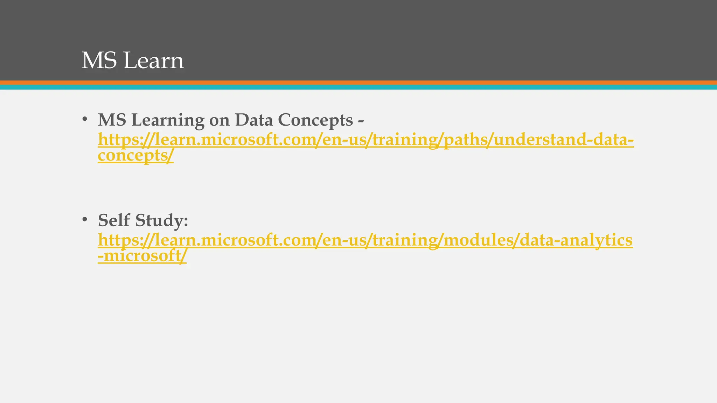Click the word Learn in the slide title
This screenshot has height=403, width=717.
(x=154, y=61)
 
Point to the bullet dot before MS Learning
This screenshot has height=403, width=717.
(x=84, y=120)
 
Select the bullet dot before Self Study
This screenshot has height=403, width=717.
(x=84, y=220)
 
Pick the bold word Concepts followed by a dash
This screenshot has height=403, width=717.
(x=315, y=121)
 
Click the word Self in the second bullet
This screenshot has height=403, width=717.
(x=114, y=220)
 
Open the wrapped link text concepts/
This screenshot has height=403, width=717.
(x=135, y=155)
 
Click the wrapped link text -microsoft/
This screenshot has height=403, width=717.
(x=142, y=256)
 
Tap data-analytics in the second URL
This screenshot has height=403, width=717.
(x=576, y=240)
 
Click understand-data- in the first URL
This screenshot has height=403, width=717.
(x=563, y=140)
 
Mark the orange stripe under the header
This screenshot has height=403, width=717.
(x=358, y=83)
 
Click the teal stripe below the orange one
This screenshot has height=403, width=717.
(x=358, y=87)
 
